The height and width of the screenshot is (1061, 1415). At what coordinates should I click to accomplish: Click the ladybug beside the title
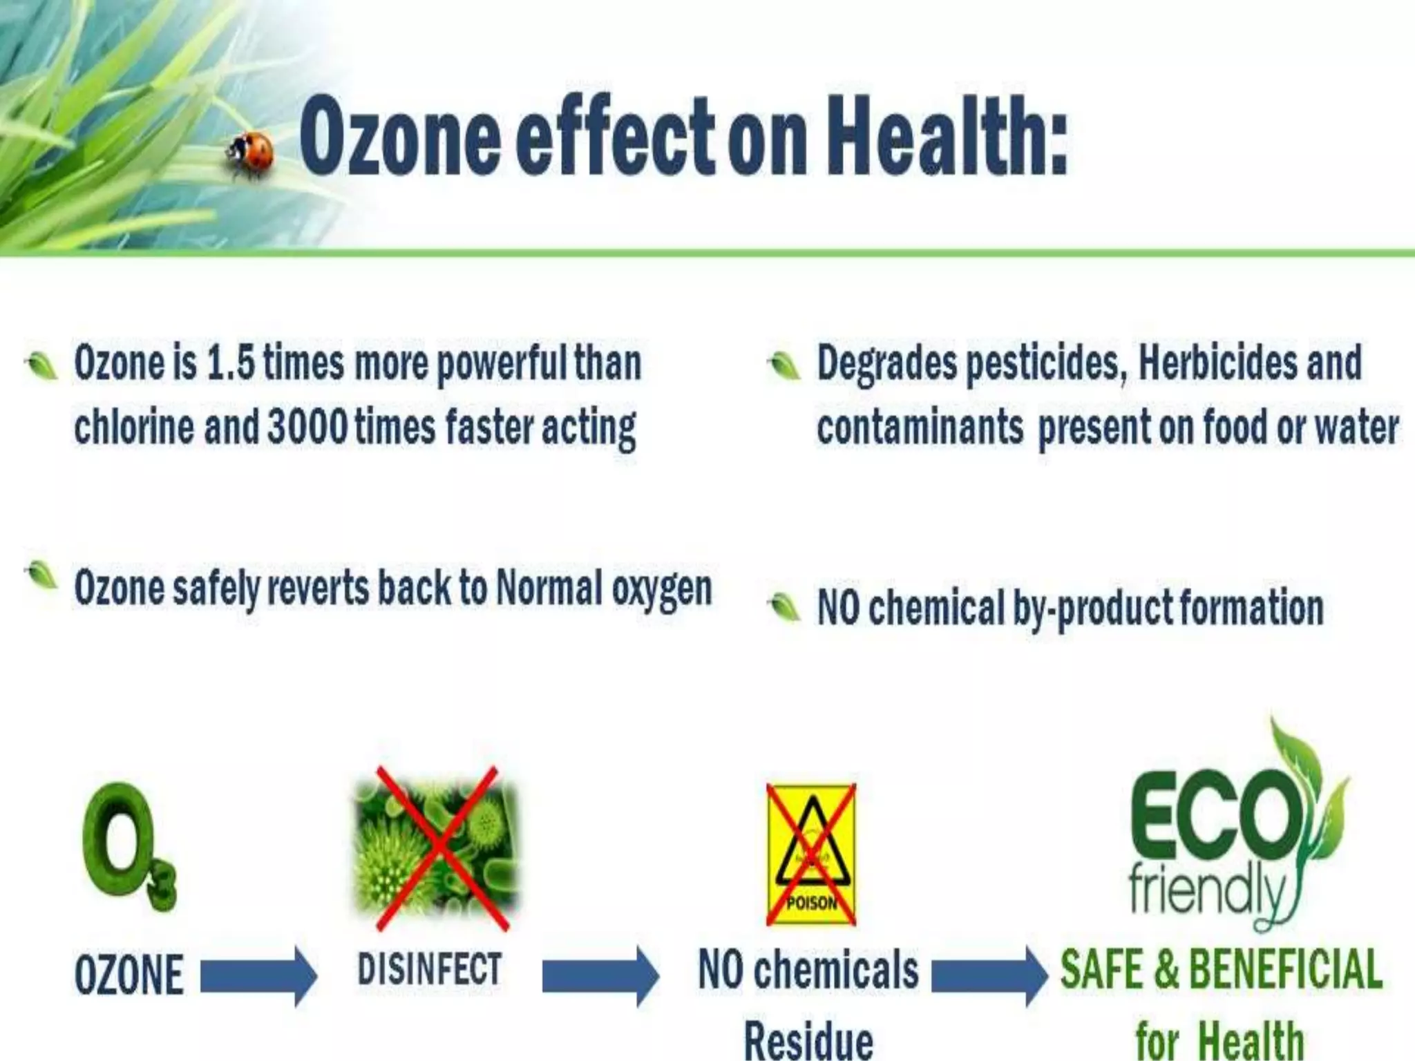[x=251, y=153]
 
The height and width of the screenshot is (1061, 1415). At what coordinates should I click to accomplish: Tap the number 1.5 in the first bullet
[x=230, y=363]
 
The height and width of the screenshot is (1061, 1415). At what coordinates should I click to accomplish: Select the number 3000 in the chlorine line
[x=307, y=427]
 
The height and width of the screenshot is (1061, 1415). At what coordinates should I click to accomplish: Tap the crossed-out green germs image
[x=435, y=848]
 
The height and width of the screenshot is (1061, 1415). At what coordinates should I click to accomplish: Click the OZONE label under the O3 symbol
[x=129, y=975]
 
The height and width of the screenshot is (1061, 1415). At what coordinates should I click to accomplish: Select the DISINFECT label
[x=429, y=968]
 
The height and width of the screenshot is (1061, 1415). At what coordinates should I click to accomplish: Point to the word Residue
[x=808, y=1040]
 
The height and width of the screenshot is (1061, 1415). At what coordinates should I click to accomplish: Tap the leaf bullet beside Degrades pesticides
[x=784, y=365]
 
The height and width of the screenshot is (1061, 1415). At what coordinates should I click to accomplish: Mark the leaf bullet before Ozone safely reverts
[x=41, y=575]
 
